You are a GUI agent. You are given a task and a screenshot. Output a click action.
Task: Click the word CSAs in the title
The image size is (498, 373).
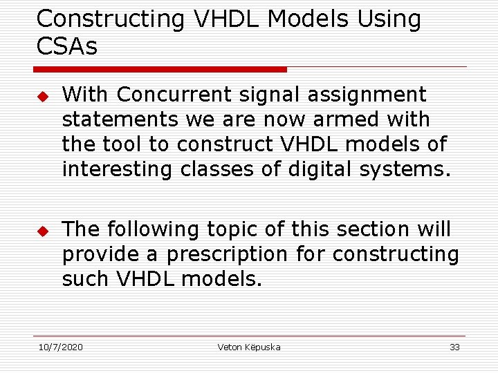(x=67, y=47)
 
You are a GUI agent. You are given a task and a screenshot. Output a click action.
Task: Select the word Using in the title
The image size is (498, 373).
(x=389, y=19)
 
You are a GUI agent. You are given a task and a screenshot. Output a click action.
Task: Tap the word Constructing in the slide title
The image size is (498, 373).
(x=111, y=19)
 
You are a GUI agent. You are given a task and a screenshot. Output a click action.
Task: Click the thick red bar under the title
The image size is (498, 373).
(x=160, y=69)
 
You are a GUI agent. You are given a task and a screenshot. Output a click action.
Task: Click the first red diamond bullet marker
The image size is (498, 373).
(x=41, y=95)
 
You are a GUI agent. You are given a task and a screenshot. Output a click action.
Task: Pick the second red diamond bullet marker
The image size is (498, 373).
(x=41, y=229)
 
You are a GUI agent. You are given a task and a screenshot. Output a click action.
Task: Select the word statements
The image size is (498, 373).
(x=120, y=119)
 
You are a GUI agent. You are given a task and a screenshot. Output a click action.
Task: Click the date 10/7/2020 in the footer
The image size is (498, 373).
(x=60, y=347)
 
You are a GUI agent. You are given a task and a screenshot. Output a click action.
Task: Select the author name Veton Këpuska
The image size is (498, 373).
(x=249, y=347)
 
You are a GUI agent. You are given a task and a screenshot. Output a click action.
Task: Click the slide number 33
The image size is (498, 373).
(x=454, y=347)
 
